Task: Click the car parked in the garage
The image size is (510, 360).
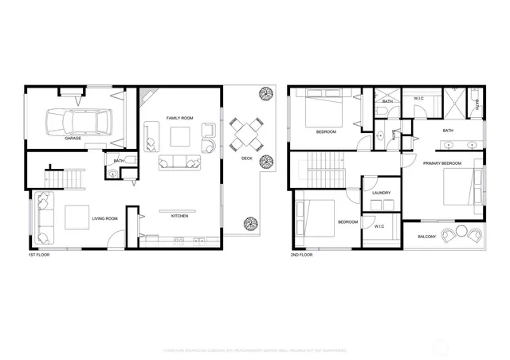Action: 79,121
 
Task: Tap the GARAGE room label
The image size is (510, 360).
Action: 73,139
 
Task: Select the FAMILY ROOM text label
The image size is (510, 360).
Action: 180,118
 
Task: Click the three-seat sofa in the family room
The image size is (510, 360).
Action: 180,163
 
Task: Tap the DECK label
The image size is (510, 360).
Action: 247,158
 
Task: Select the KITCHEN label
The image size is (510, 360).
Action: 179,216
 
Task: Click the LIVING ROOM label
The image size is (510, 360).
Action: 105,218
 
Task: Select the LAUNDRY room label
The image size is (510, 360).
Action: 380,193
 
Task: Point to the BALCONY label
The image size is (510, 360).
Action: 426,236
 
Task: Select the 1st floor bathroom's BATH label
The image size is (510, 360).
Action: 118,161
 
